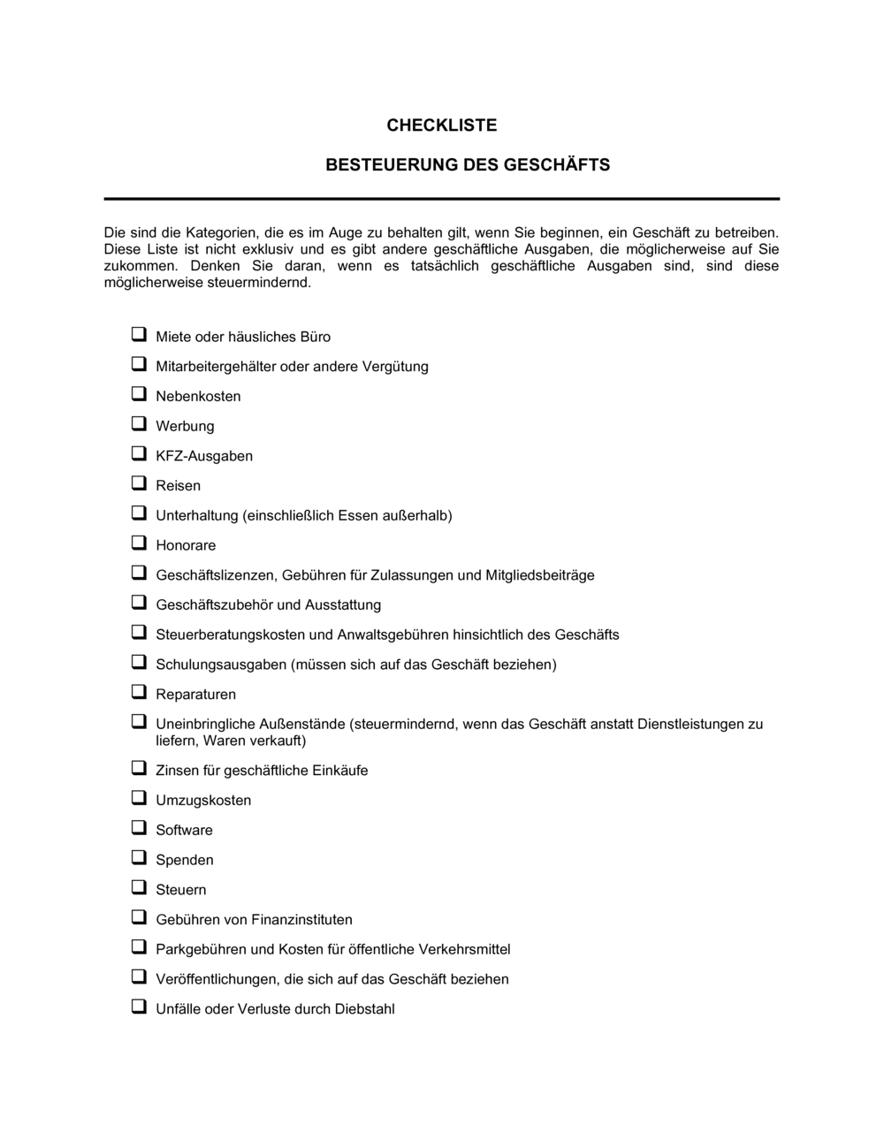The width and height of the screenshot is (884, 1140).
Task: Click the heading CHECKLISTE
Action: tap(441, 125)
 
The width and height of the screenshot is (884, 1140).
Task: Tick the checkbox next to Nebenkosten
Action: tap(139, 394)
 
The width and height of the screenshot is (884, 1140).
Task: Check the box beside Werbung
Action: tap(139, 424)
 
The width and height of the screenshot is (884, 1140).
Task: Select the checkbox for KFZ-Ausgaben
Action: tap(139, 454)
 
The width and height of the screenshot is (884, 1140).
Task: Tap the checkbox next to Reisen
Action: tap(139, 483)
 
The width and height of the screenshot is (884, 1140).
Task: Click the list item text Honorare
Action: tap(186, 545)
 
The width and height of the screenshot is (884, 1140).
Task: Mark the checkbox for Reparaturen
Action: tap(139, 692)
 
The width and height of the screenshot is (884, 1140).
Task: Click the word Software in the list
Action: tap(184, 830)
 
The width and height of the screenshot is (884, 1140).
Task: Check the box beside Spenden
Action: tap(139, 858)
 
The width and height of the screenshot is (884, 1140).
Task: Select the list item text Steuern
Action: tap(180, 890)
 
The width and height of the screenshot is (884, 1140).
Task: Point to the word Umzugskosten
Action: tap(203, 801)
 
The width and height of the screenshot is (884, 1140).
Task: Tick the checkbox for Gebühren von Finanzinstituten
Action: tap(139, 917)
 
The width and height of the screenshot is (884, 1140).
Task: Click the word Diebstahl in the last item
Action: tap(364, 1009)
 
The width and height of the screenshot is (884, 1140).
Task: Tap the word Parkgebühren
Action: tap(201, 949)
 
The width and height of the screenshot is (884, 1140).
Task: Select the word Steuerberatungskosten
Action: tap(231, 635)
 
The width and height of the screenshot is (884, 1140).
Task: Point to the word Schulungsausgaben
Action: tap(221, 665)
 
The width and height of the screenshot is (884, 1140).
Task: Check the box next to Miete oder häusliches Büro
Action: tap(139, 335)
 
